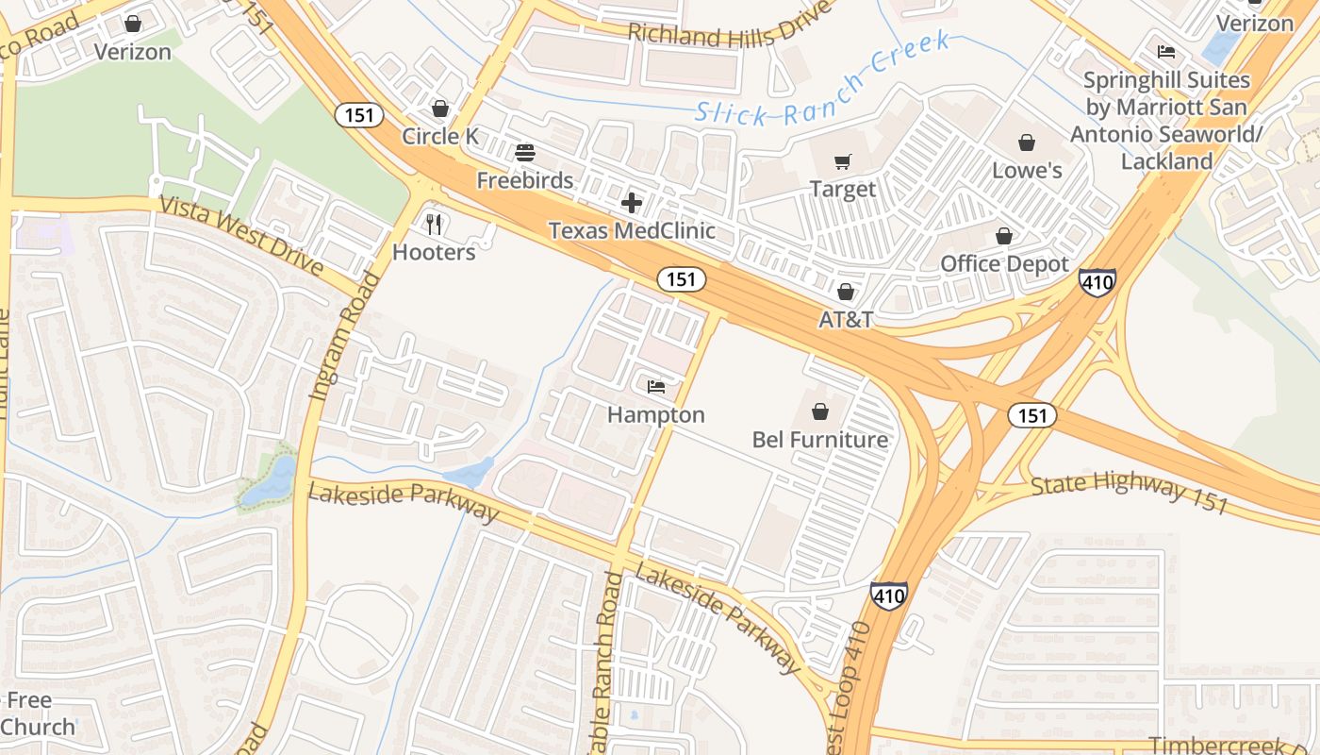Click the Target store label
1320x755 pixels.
(x=842, y=190)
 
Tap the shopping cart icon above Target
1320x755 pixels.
(x=842, y=162)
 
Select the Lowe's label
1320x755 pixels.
(x=1027, y=171)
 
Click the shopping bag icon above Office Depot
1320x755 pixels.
(x=1004, y=236)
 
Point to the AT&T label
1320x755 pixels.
(x=845, y=320)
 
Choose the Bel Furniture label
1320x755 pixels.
(x=819, y=440)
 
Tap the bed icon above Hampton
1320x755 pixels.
(x=656, y=387)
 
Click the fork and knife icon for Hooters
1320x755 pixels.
(x=434, y=225)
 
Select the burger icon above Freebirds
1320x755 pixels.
(x=525, y=153)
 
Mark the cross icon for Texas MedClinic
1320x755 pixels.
(x=632, y=203)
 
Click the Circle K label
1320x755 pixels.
(x=439, y=137)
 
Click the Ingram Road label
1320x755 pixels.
(x=344, y=336)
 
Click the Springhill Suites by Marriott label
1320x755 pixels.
(x=1166, y=121)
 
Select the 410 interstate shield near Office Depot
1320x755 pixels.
(x=1097, y=281)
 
